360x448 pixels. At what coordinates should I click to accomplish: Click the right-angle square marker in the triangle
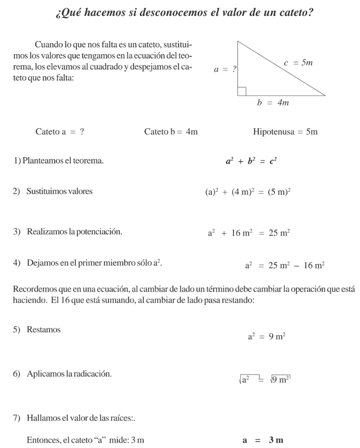[242, 91]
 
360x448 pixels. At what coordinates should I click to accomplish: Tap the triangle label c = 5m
[298, 64]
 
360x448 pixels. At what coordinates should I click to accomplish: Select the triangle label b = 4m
[273, 103]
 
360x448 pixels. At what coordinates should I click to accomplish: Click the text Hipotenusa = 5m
[285, 132]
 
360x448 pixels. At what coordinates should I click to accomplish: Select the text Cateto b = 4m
[171, 132]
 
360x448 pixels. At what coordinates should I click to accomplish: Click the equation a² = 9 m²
[266, 337]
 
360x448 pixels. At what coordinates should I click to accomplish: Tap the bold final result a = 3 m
[263, 440]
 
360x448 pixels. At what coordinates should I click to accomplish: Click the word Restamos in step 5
[44, 330]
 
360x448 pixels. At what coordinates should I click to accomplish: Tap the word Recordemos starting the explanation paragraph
[33, 289]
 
